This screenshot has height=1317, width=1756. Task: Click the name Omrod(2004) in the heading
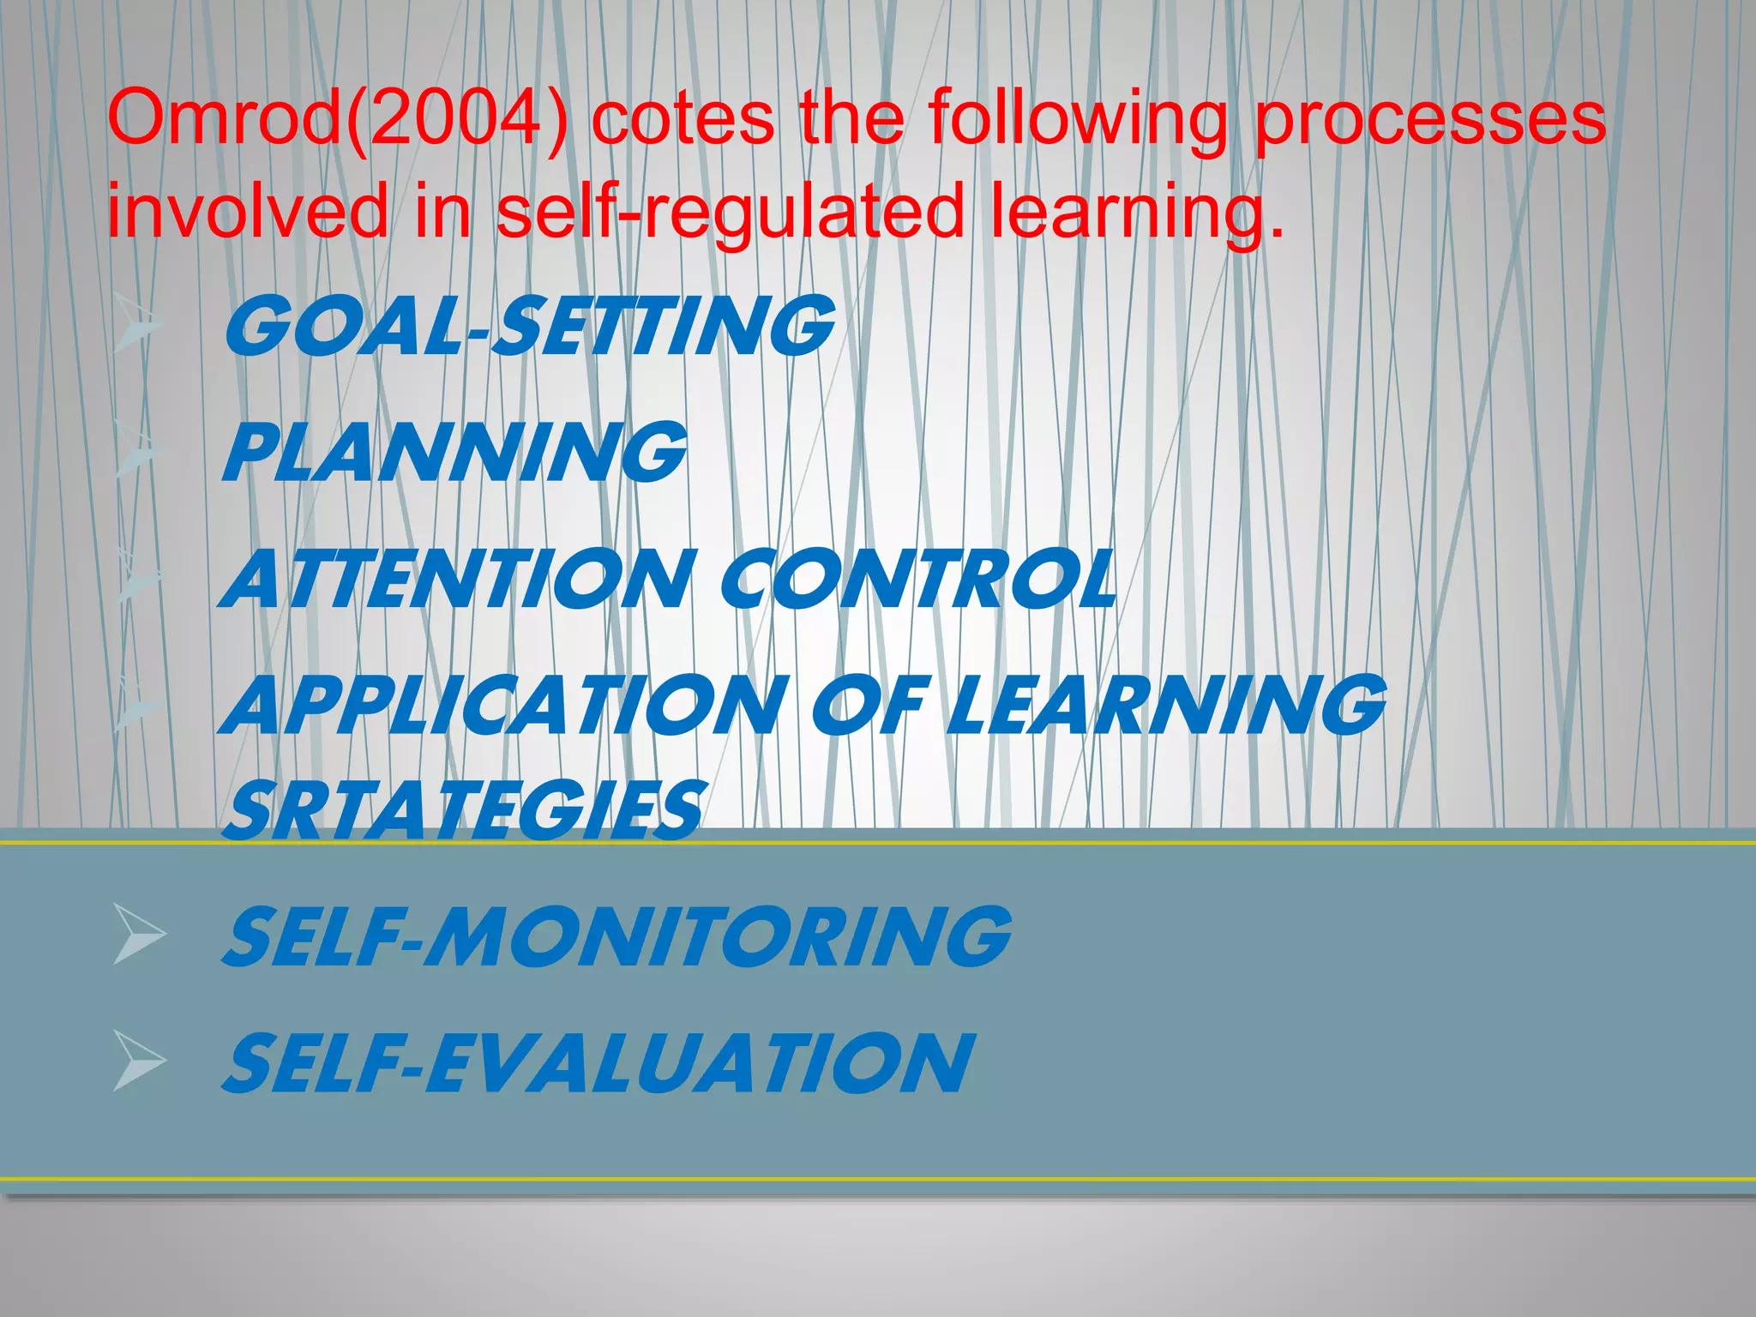click(x=337, y=120)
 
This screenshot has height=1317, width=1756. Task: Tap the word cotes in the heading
click(x=683, y=120)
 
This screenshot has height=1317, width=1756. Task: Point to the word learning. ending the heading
click(x=1138, y=214)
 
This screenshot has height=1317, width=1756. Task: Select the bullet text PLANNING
click(x=454, y=452)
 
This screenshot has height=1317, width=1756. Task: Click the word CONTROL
click(x=918, y=579)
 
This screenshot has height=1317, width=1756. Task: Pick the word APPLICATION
click(x=506, y=705)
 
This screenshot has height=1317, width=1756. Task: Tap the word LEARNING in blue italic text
click(x=1167, y=705)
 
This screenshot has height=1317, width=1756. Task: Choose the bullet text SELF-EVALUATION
click(x=598, y=1064)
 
